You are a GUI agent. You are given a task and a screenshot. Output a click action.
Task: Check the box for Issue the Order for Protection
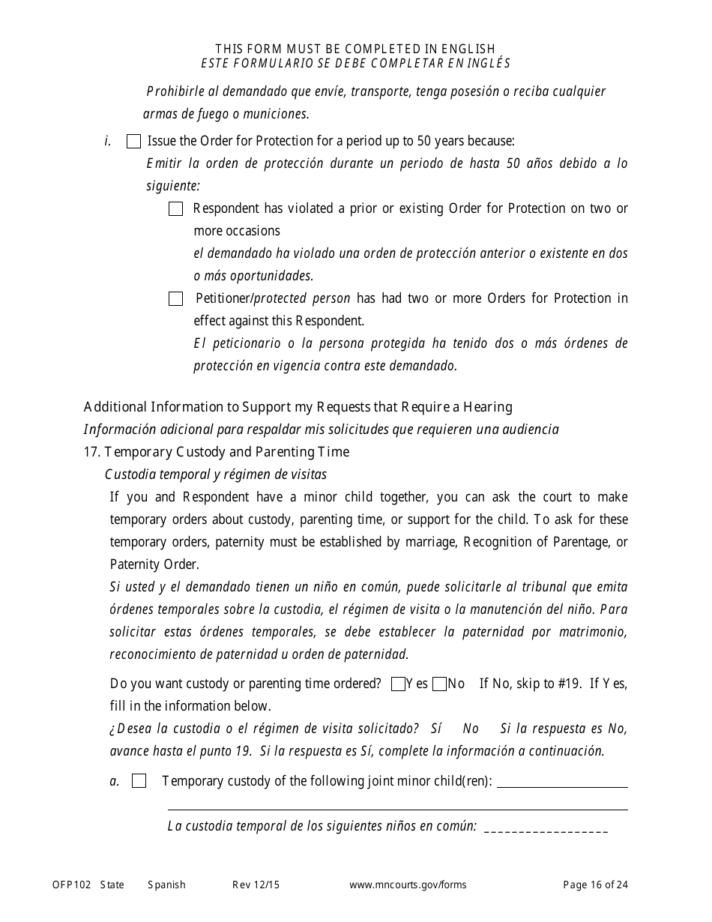pos(134,142)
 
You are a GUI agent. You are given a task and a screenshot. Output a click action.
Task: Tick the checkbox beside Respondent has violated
pos(176,209)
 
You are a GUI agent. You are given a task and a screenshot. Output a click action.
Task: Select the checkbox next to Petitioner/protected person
pos(176,299)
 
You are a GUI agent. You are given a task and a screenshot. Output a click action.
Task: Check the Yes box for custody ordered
pos(398,684)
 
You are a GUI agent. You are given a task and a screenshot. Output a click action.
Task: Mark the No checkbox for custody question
pos(440,684)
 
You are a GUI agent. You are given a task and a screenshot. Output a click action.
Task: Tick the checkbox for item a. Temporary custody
pos(139,781)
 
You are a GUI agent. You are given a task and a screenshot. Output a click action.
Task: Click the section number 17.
pos(92,452)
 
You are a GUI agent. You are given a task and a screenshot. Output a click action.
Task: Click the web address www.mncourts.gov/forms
pos(408,885)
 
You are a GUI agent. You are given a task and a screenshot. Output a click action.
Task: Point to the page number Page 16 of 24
pos(596,885)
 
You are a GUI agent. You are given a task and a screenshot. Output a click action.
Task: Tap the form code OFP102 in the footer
pos(71,885)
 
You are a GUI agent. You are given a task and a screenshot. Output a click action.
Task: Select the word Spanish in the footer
pos(166,885)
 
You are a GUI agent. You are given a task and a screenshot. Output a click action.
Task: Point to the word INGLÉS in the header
pos(486,63)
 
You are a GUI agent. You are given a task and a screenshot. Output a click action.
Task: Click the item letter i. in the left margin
pos(108,141)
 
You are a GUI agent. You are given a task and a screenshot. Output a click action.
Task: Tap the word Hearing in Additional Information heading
pos(488,407)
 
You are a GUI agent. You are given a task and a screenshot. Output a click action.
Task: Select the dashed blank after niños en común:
pos(546,829)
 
